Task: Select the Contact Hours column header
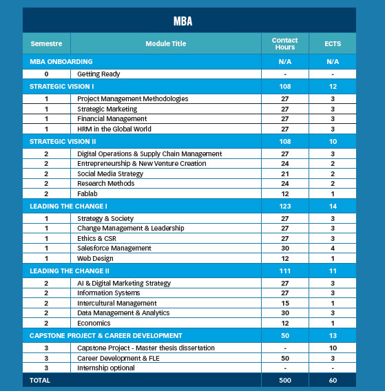[x=284, y=43]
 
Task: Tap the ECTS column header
[x=333, y=43]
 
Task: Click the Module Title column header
[x=165, y=43]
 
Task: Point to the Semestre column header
[x=46, y=43]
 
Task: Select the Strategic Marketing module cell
[x=107, y=109]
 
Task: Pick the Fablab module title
[x=88, y=193]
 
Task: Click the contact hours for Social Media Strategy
[x=284, y=173]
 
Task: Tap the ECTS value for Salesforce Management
[x=333, y=248]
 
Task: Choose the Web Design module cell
[x=95, y=258]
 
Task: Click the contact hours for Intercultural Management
[x=284, y=303]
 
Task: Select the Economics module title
[x=93, y=323]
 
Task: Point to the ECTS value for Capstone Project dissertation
[x=333, y=348]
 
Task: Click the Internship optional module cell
[x=106, y=368]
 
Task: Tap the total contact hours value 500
[x=284, y=379]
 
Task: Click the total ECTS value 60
[x=333, y=379]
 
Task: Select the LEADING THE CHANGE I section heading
[x=68, y=206]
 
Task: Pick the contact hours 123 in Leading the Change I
[x=284, y=206]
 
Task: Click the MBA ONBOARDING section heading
[x=61, y=61]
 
